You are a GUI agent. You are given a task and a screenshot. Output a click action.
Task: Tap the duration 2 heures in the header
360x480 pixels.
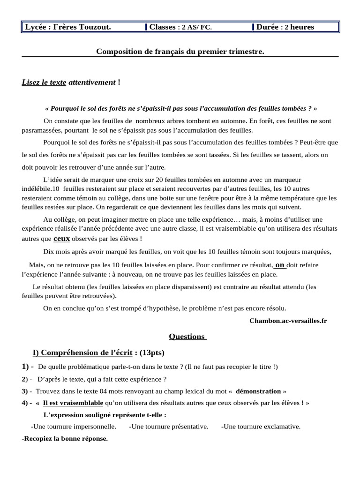tap(298, 27)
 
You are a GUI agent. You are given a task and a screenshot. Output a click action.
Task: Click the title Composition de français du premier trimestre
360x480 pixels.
tap(180, 51)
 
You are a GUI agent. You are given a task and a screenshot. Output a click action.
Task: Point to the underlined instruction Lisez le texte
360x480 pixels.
tap(44, 82)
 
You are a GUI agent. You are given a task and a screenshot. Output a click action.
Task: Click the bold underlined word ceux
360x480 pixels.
tap(61, 238)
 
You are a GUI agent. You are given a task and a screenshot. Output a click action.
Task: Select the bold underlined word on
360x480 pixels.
tap(280, 264)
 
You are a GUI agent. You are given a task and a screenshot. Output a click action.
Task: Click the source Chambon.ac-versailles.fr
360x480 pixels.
tap(288, 321)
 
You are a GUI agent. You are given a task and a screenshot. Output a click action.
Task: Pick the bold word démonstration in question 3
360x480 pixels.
tap(258, 391)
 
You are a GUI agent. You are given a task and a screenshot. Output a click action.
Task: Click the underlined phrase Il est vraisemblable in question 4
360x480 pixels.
tap(73, 403)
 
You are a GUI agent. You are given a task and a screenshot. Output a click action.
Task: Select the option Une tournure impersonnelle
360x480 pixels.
tap(74, 427)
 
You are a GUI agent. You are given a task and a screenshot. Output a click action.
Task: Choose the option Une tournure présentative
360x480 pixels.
tap(168, 427)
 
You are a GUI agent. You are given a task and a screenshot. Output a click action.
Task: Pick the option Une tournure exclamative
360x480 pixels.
tap(261, 427)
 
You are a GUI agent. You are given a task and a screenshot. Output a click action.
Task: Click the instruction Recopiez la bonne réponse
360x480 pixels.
tap(65, 439)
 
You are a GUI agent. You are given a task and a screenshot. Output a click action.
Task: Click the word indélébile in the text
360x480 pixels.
tap(37, 188)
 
